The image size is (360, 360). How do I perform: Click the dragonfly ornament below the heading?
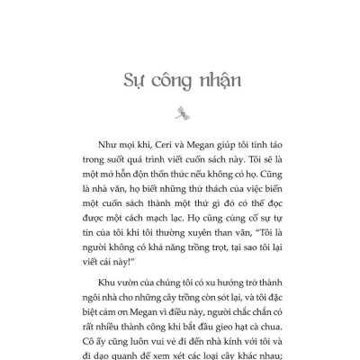coord(181,112)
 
